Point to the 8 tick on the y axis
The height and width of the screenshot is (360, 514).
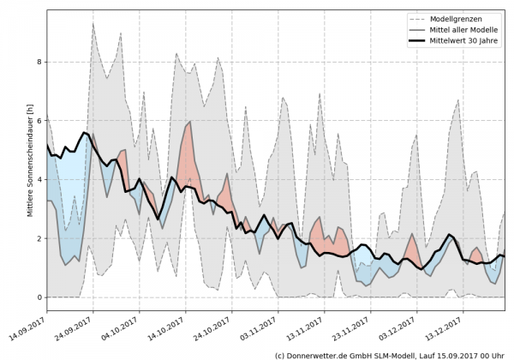coord(38,62)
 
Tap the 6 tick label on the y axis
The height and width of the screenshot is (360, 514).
coord(38,121)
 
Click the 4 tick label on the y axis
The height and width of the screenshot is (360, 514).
coord(38,180)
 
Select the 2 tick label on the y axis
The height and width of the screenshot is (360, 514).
coord(38,238)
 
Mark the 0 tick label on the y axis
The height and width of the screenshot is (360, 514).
coord(38,297)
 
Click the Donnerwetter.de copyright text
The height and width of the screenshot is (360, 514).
coord(389,353)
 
